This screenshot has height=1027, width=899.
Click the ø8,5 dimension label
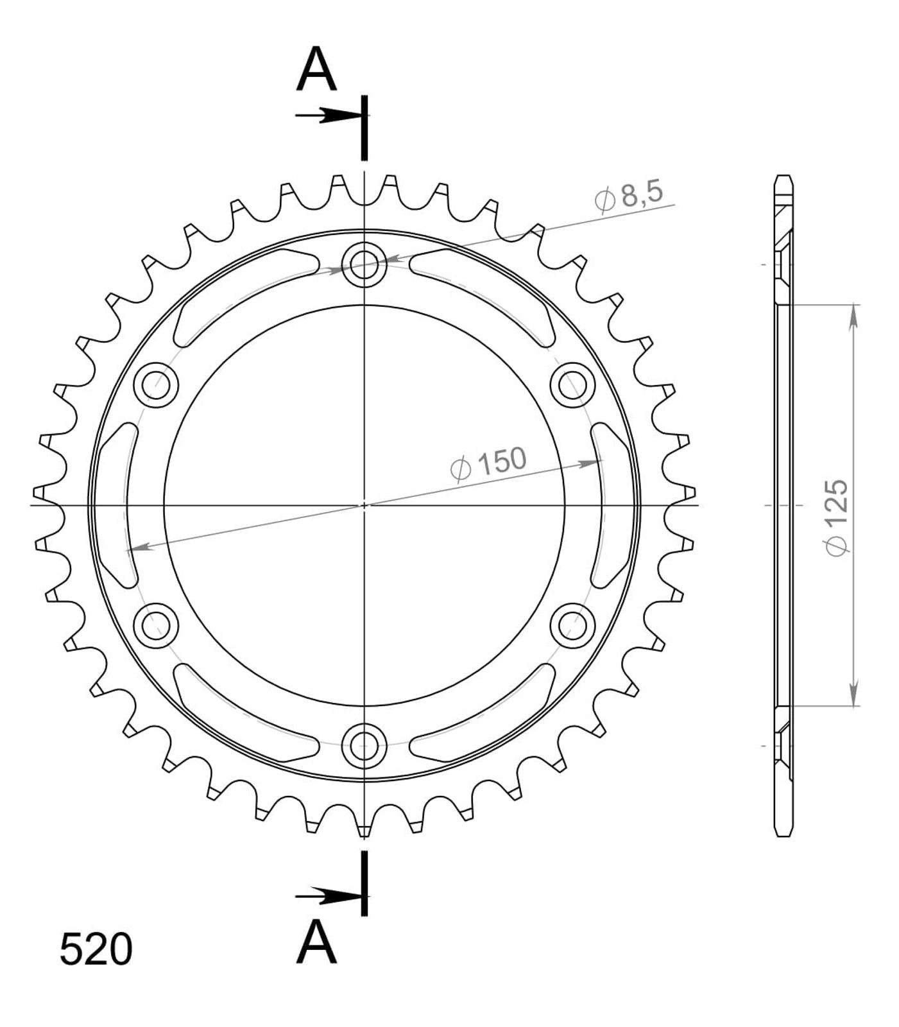coord(628,196)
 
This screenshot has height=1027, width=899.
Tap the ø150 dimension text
coord(488,464)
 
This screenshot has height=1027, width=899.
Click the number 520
coord(96,950)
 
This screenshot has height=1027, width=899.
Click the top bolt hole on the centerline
coord(364,263)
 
